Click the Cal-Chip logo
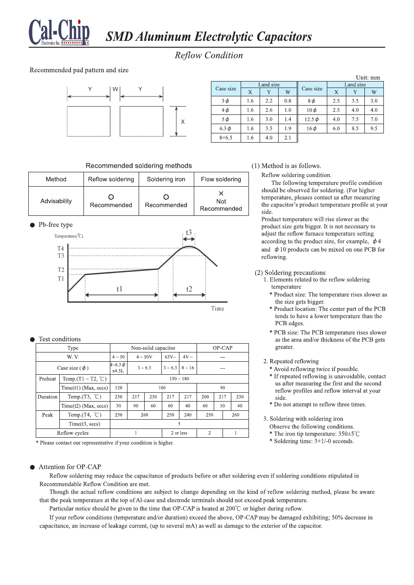click(x=59, y=32)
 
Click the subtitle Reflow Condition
click(x=208, y=56)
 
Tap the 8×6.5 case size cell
click(x=225, y=138)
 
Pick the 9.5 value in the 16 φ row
click(x=374, y=128)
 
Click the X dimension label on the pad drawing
click(x=183, y=122)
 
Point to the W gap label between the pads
click(x=115, y=88)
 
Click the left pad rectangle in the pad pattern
click(x=89, y=121)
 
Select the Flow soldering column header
click(x=221, y=179)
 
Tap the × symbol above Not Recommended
click(x=221, y=193)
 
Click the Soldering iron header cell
click(x=166, y=179)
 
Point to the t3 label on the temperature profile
click(x=189, y=232)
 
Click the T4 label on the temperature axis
click(x=61, y=249)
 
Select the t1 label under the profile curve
click(x=120, y=289)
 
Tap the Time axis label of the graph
click(x=217, y=308)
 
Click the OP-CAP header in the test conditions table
click(x=223, y=348)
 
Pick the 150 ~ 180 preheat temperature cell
click(x=179, y=379)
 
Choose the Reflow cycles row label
click(x=73, y=433)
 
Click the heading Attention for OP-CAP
click(x=70, y=467)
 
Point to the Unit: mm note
click(x=368, y=77)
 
